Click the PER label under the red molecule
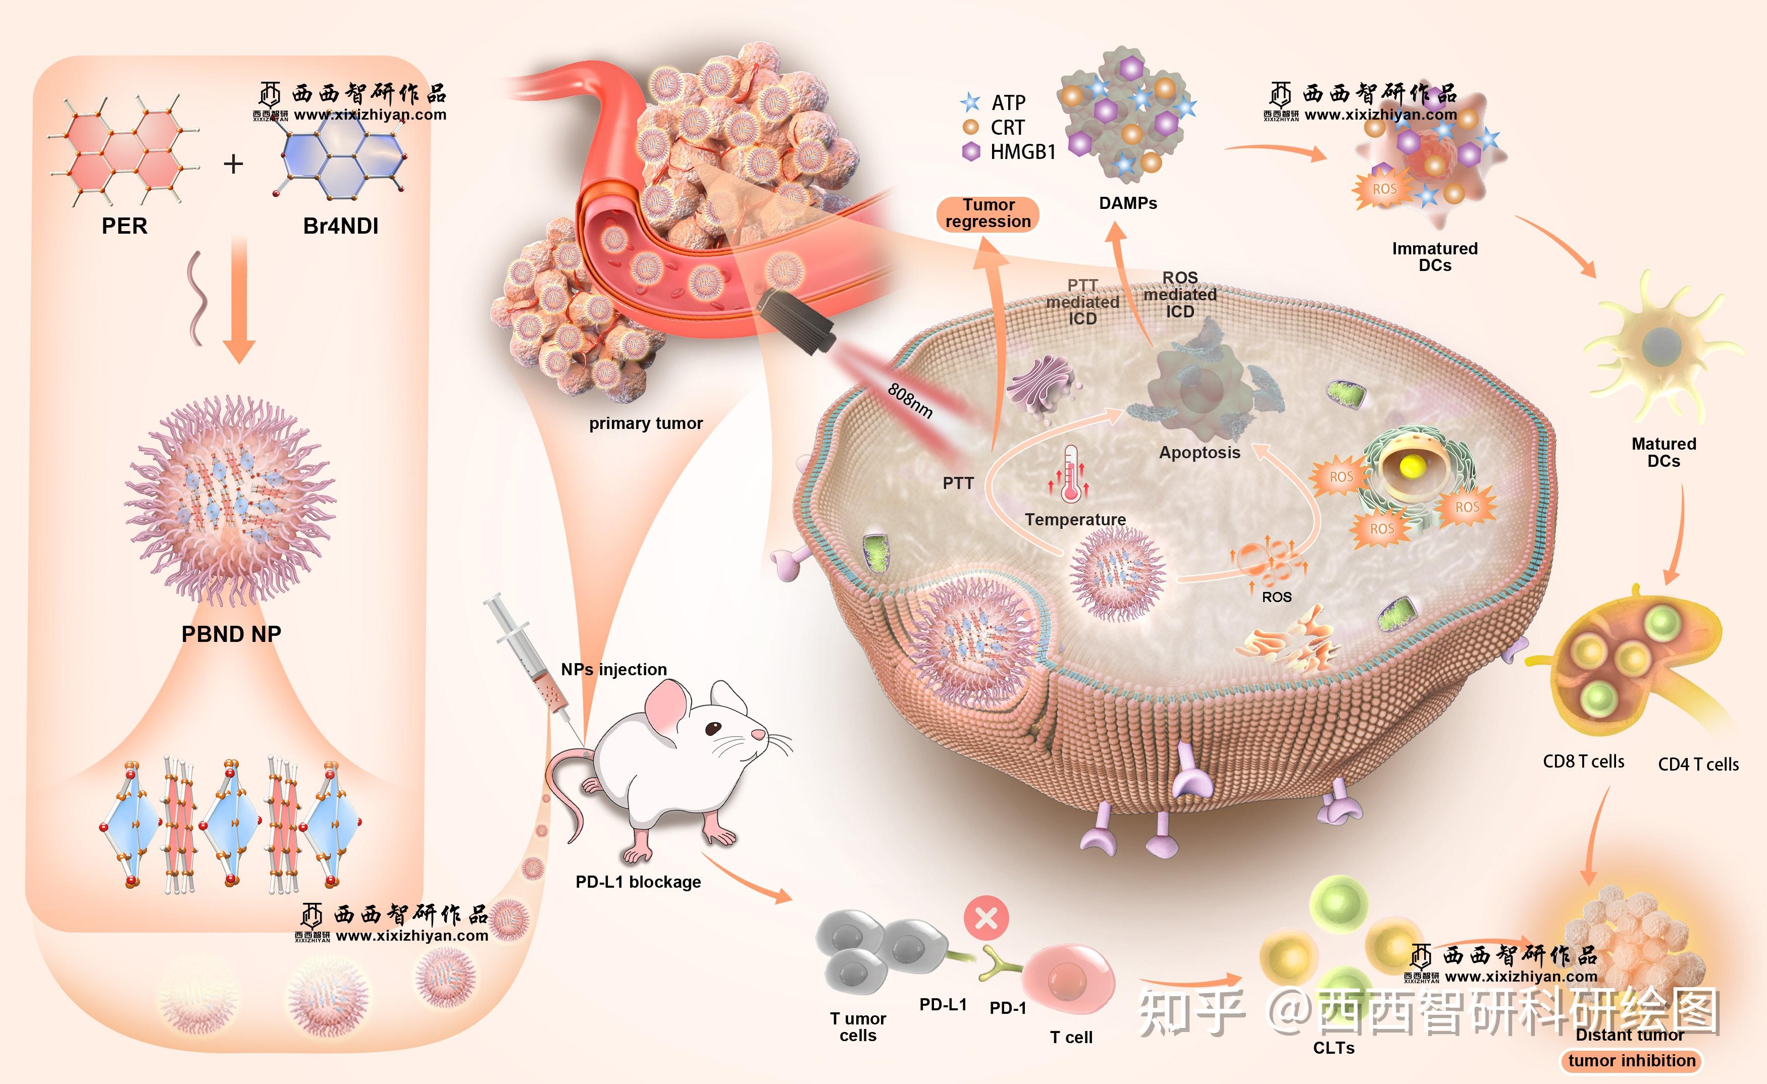(x=124, y=226)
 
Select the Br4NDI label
(x=341, y=226)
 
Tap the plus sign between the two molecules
(x=233, y=164)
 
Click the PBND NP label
(x=231, y=634)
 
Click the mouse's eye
(x=713, y=728)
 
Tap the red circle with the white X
(x=986, y=917)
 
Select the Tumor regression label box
(x=988, y=213)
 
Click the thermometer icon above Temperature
(x=1071, y=473)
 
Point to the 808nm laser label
(x=910, y=401)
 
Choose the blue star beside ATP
(x=970, y=102)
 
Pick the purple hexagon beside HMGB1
(x=971, y=151)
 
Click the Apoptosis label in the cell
(x=1200, y=452)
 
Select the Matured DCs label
(x=1664, y=452)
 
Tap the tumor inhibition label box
(x=1632, y=1060)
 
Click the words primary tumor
(x=645, y=424)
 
